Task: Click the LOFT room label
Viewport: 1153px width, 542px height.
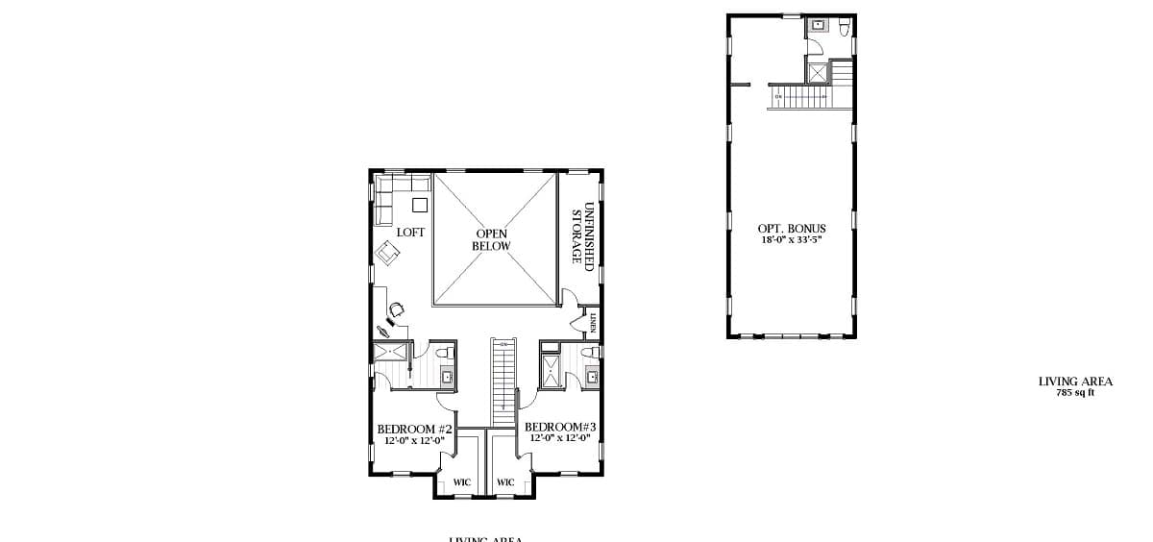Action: click(410, 233)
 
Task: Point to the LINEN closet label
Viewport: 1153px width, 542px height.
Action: click(595, 322)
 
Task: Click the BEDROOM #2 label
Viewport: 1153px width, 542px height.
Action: click(414, 429)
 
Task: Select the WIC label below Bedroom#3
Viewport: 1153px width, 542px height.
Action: click(505, 481)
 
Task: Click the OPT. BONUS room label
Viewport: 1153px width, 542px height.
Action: click(792, 229)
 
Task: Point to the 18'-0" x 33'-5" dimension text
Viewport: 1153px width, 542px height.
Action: click(792, 239)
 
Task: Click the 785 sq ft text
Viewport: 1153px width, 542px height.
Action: click(1075, 392)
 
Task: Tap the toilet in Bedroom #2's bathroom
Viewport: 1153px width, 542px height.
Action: click(447, 356)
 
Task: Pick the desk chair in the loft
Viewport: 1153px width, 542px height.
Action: click(397, 308)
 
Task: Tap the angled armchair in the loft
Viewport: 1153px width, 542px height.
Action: click(388, 253)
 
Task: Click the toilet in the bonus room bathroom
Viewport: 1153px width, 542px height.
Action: click(844, 27)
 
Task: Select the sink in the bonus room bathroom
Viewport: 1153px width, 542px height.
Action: click(818, 24)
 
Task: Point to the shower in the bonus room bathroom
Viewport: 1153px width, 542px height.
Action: click(817, 71)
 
